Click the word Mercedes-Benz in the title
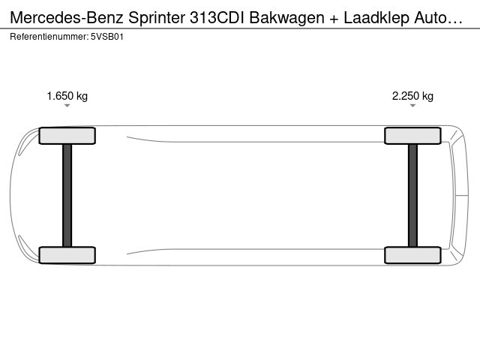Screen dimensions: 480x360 (x=67, y=18)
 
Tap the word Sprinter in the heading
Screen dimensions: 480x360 (x=157, y=18)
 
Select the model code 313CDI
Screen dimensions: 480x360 (x=217, y=18)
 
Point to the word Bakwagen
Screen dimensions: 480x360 (x=286, y=18)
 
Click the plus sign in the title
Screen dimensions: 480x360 (x=334, y=19)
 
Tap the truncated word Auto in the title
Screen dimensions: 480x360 (x=431, y=18)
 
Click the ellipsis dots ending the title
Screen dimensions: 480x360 (x=455, y=22)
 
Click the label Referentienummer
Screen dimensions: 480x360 (x=49, y=37)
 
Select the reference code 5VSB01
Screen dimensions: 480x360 (x=107, y=37)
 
